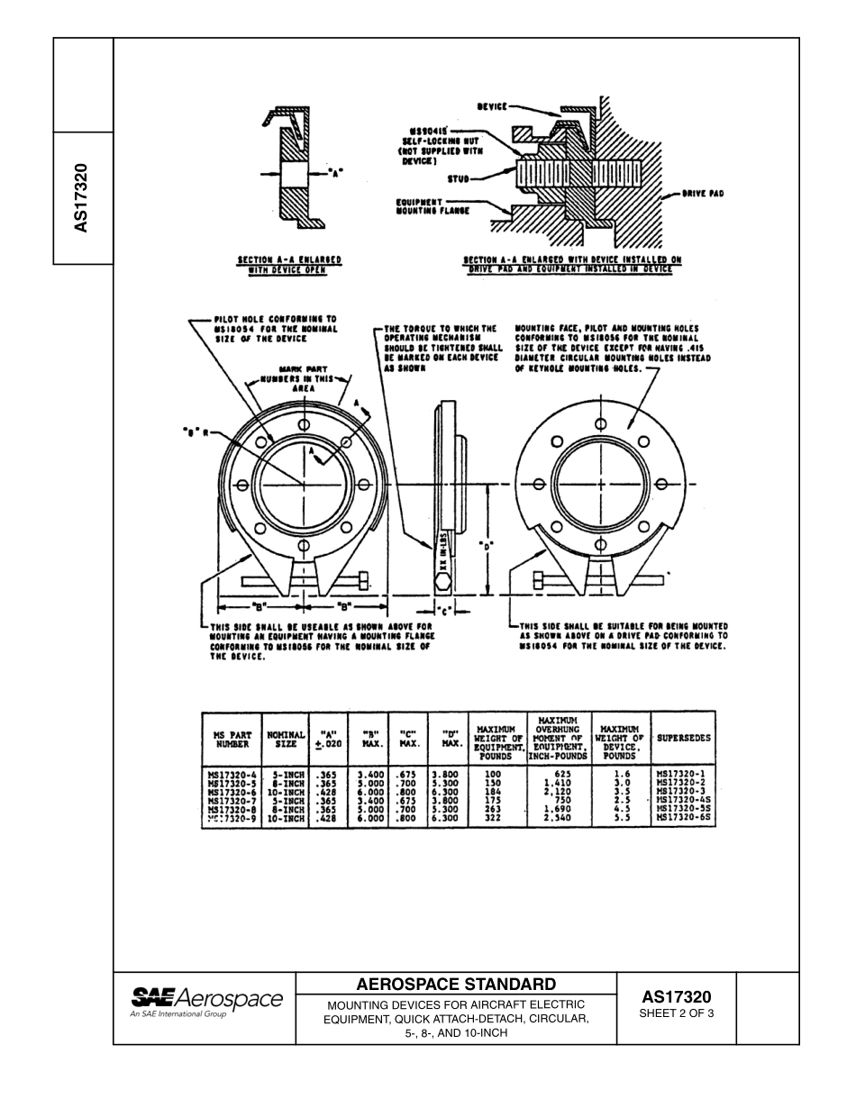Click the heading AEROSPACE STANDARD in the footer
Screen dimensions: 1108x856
point(457,984)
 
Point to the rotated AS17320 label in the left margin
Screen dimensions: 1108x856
point(81,198)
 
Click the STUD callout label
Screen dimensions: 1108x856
point(460,178)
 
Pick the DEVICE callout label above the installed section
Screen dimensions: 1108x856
point(492,106)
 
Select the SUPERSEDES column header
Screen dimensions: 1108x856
point(683,738)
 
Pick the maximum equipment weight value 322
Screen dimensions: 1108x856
point(493,818)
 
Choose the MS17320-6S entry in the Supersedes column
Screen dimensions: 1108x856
point(684,818)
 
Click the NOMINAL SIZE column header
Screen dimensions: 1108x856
point(285,738)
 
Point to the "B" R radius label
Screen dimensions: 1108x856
point(196,432)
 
